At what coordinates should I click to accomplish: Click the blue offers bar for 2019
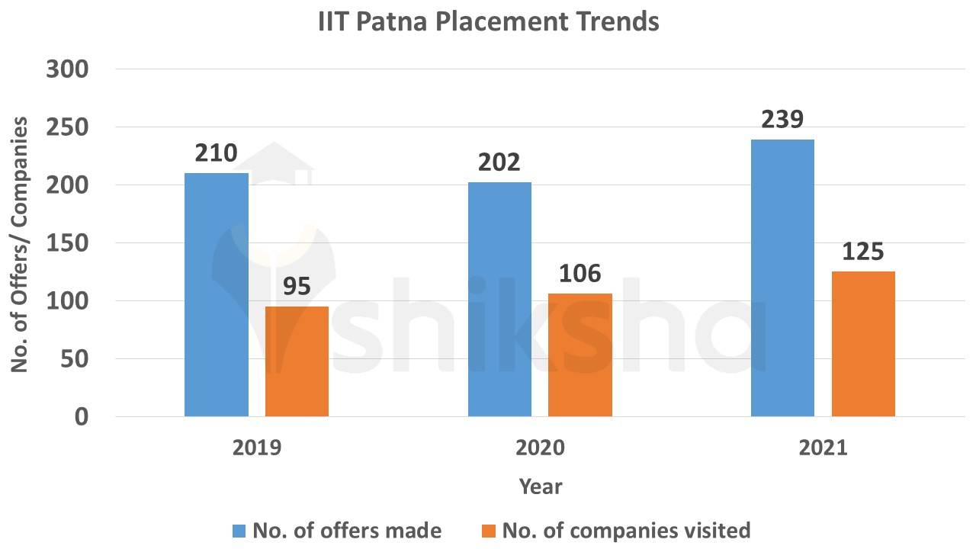tap(217, 294)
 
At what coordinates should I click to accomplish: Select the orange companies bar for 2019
tap(297, 361)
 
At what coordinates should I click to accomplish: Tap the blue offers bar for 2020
tap(499, 299)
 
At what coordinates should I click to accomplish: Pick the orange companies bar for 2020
tap(579, 355)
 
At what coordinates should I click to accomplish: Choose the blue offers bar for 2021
tap(782, 278)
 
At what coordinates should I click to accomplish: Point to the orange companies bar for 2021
tap(863, 343)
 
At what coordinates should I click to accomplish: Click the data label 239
tap(782, 120)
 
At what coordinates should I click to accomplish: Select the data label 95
tap(297, 287)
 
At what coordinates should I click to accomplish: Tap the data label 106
tap(580, 274)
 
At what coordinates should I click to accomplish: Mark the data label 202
tap(499, 162)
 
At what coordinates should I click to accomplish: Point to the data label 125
tap(863, 252)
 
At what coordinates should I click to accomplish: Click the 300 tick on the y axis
tap(68, 69)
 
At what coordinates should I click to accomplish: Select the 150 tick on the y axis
tap(68, 243)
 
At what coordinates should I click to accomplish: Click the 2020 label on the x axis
tap(540, 448)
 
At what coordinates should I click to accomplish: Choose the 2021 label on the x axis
tap(823, 448)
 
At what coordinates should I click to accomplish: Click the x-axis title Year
tap(540, 486)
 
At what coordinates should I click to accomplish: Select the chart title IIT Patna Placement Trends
tap(488, 21)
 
